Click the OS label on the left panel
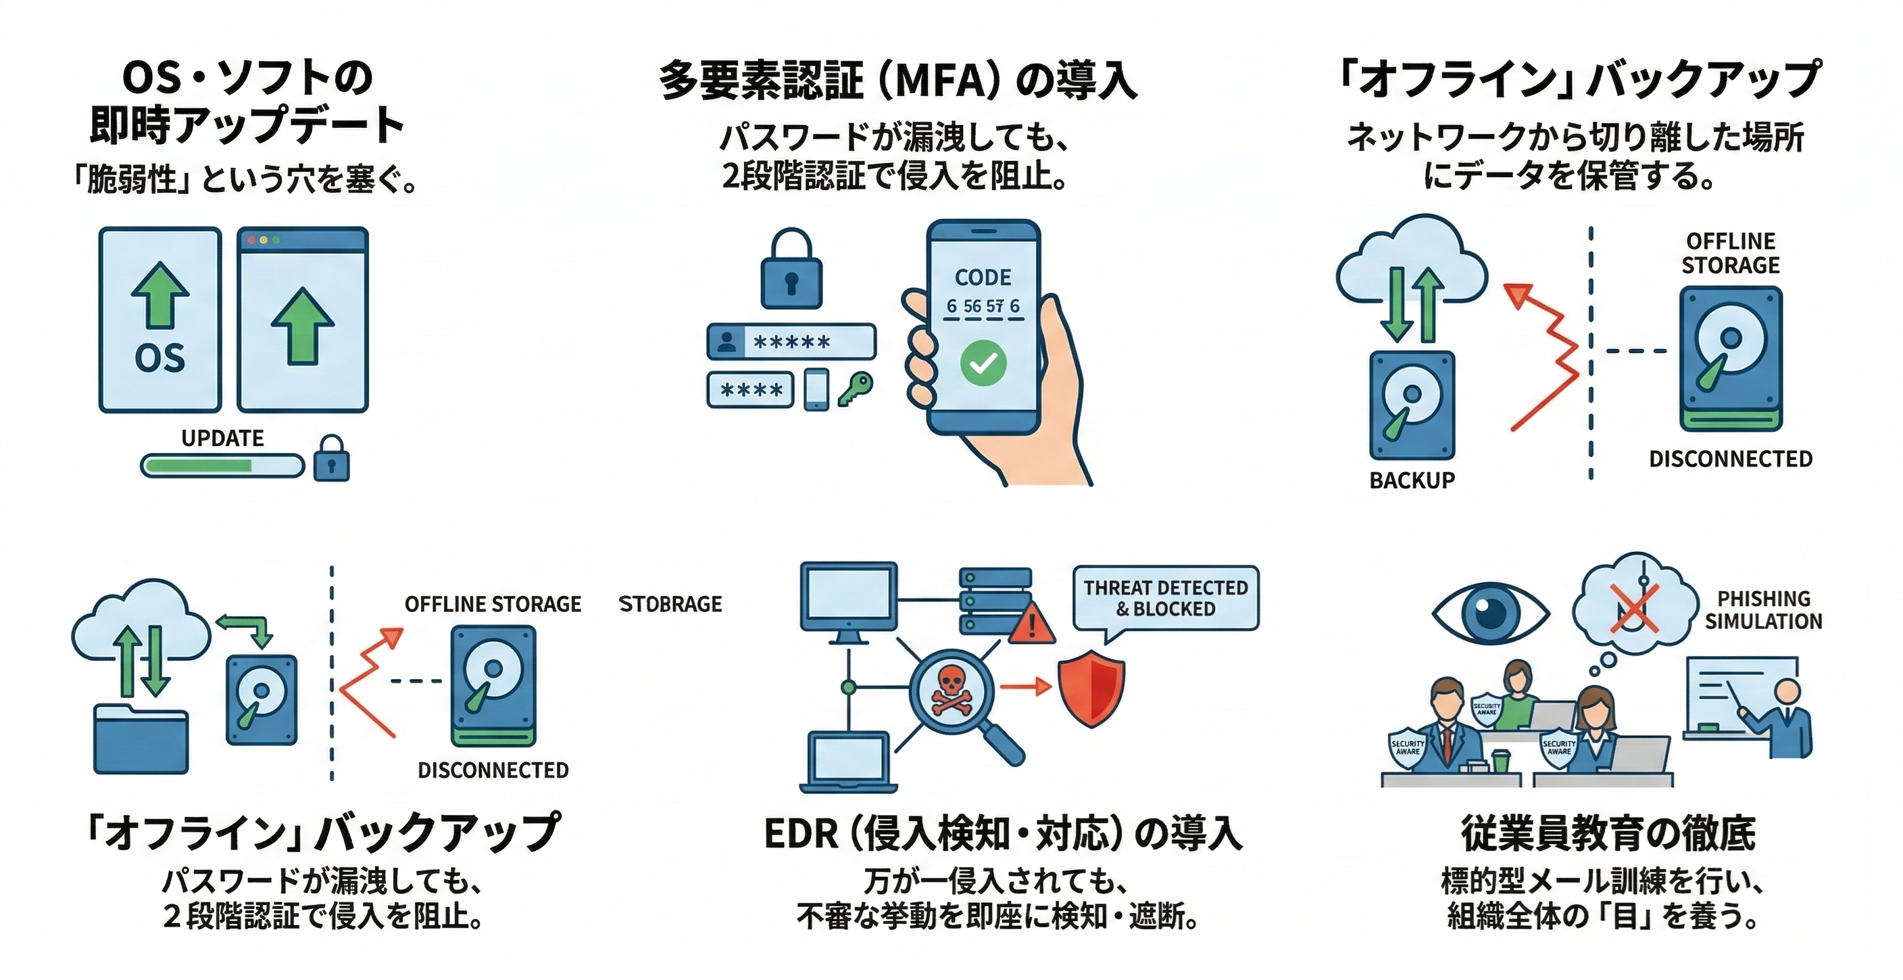point(159,358)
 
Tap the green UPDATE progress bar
point(222,465)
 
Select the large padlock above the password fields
point(791,270)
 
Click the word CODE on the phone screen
point(983,277)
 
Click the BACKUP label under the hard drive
point(1412,480)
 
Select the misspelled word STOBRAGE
point(670,604)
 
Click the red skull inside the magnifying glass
point(952,692)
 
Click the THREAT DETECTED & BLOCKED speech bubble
point(1165,598)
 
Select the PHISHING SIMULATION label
point(1762,610)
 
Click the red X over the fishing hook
point(1634,607)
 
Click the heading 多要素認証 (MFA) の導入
point(897,80)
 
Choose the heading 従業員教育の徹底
point(1608,833)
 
